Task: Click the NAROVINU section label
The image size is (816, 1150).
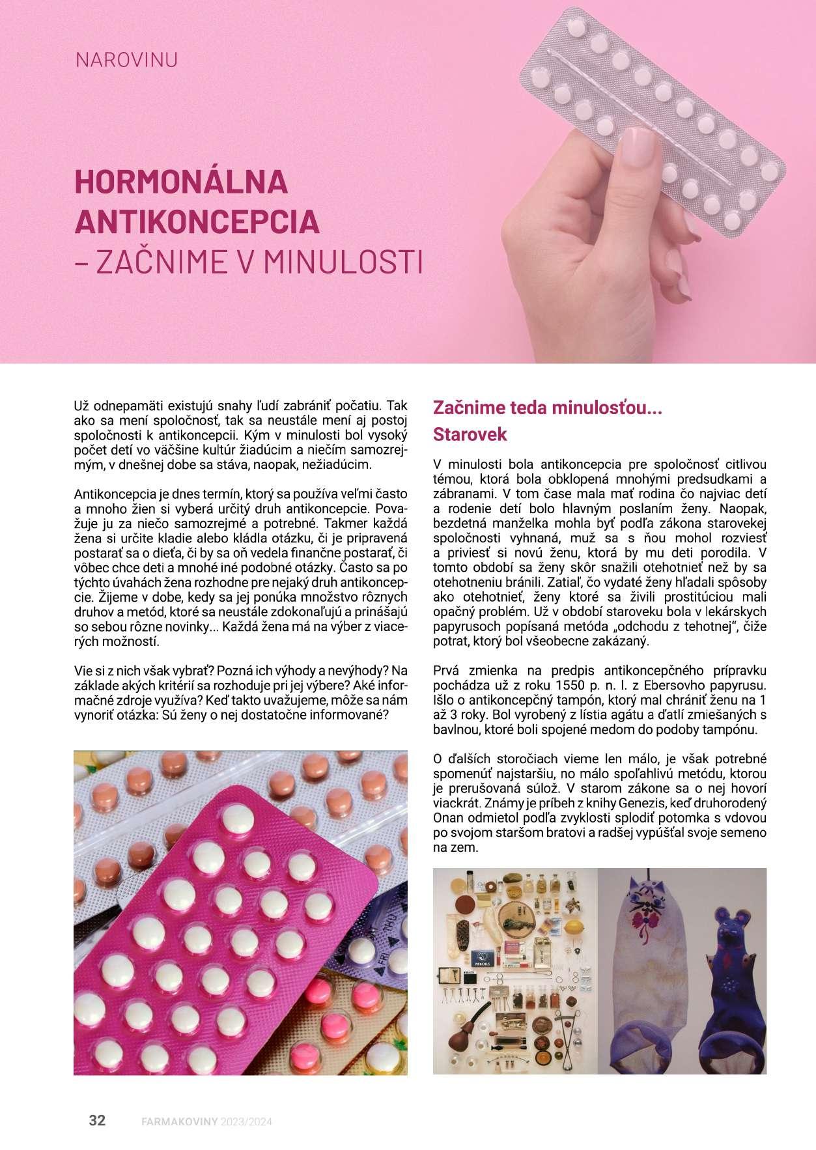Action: coord(126,61)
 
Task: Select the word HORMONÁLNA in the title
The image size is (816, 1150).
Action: coord(182,182)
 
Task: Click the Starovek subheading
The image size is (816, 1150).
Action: coord(470,435)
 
